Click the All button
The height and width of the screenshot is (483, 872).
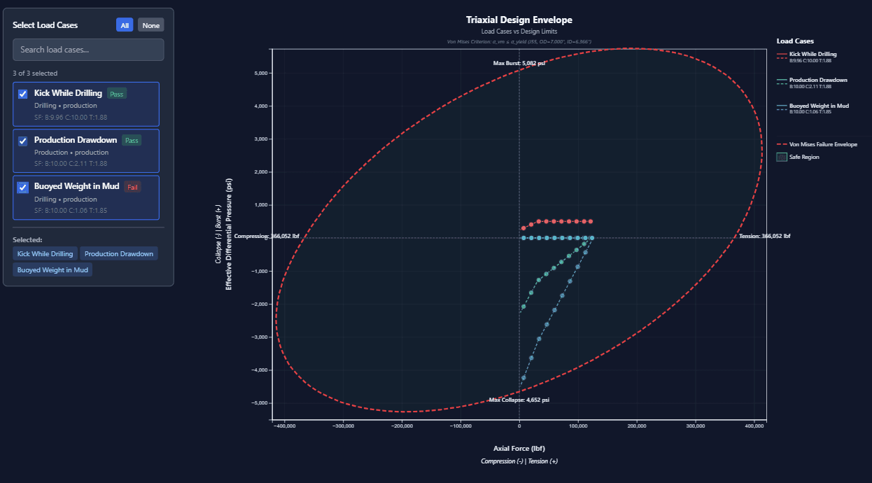(x=125, y=25)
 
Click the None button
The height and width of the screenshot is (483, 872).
(x=150, y=25)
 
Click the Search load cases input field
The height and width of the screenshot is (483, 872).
(x=88, y=50)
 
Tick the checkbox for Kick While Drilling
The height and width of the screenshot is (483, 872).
(x=23, y=94)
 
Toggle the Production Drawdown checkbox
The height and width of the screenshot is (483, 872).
(x=23, y=141)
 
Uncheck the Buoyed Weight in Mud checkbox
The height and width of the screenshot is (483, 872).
(x=23, y=187)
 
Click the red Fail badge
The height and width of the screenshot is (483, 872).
(x=132, y=187)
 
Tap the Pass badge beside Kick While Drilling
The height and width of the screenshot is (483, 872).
(x=116, y=94)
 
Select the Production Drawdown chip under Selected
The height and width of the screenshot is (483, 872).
(x=119, y=253)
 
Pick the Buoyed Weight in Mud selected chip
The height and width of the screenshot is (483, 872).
(x=52, y=269)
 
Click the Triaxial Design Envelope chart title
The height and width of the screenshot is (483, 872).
(x=519, y=20)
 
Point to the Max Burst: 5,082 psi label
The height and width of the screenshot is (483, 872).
(x=519, y=63)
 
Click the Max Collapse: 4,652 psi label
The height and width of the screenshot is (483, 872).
(x=519, y=400)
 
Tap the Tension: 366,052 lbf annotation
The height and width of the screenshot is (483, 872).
(x=764, y=237)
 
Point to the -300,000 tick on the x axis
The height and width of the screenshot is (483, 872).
(x=343, y=426)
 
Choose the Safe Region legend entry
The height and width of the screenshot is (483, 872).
(x=803, y=157)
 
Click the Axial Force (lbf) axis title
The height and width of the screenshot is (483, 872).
(x=519, y=448)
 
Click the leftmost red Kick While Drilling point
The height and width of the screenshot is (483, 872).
(x=523, y=228)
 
